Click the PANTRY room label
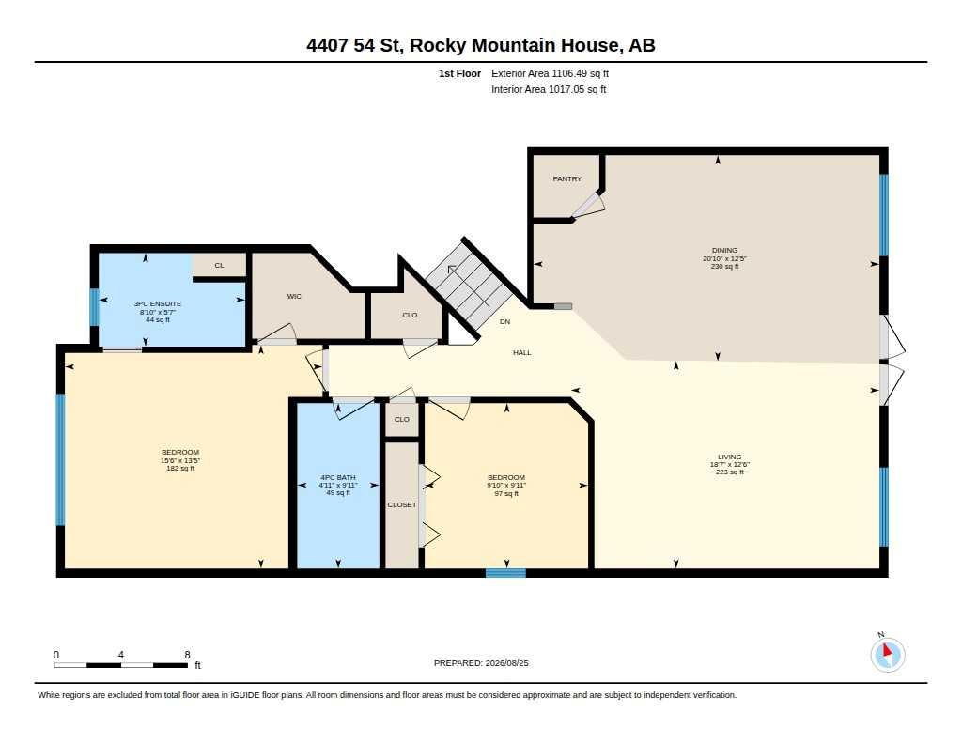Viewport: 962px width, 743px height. [566, 179]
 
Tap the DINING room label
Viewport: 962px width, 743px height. [724, 250]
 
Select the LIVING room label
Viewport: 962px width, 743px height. [729, 457]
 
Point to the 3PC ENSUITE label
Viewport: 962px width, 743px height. [158, 303]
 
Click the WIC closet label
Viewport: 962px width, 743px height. [294, 296]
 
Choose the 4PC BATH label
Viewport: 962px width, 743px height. [338, 477]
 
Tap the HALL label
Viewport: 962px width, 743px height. [522, 353]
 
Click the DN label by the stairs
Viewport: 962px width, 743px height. [504, 321]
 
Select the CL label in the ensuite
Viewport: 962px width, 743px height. [219, 266]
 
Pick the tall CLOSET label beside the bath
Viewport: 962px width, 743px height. [402, 505]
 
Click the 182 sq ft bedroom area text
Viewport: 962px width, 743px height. [180, 468]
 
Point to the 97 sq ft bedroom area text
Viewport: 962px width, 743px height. [506, 493]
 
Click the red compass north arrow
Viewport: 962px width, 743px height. [887, 650]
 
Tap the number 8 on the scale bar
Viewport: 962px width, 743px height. [187, 655]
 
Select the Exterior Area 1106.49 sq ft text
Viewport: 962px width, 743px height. [550, 73]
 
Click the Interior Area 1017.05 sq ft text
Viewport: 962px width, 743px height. [549, 89]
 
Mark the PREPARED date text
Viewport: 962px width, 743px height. [481, 663]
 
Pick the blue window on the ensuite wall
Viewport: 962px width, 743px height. [95, 307]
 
